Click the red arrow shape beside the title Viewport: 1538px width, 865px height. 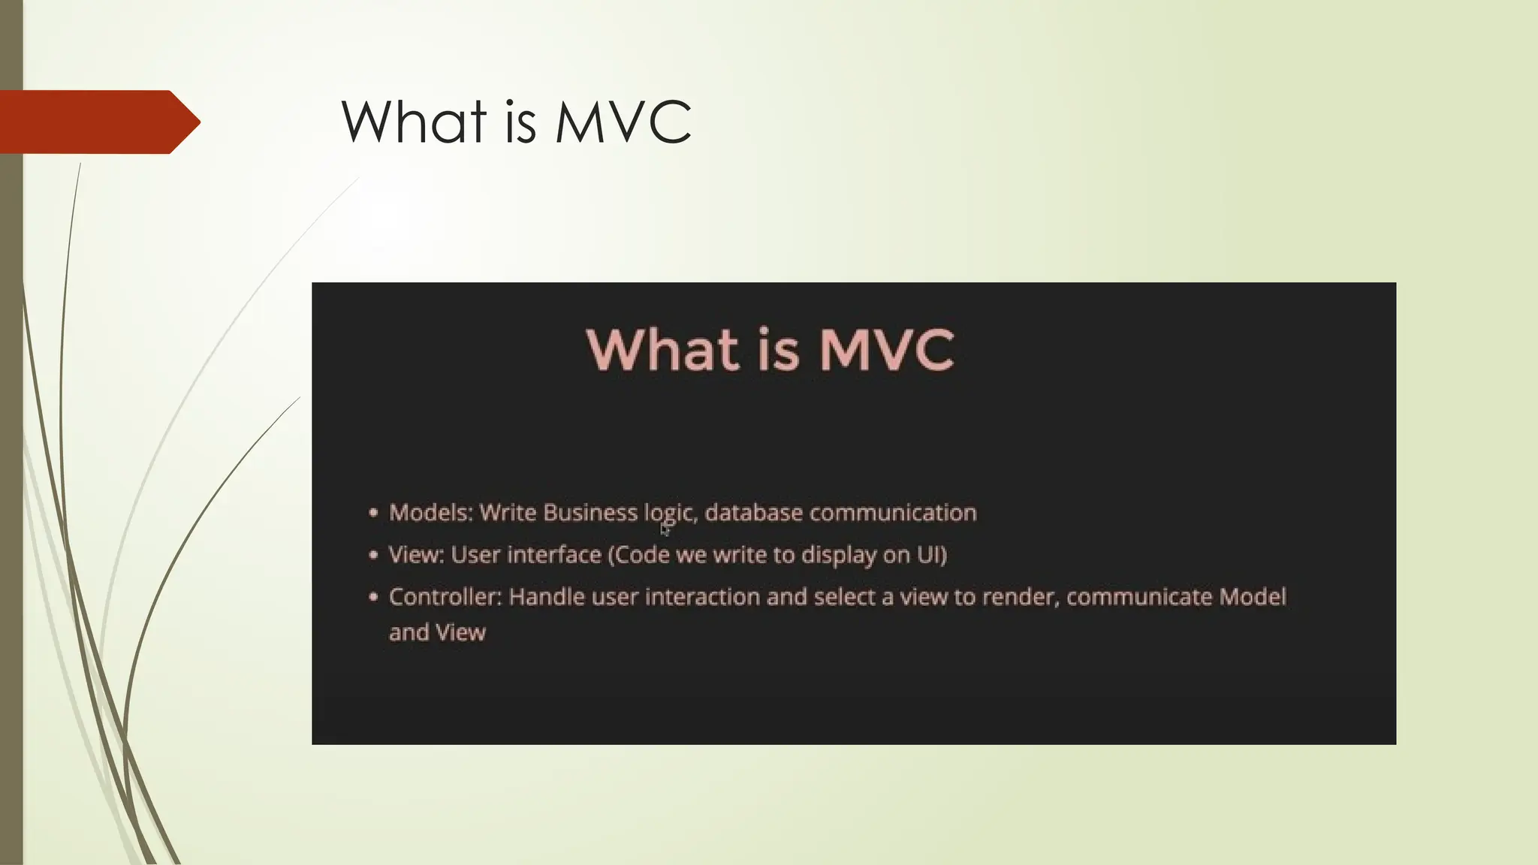[x=98, y=122]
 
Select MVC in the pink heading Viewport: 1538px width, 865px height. [x=886, y=350]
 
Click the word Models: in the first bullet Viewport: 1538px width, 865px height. [x=430, y=513]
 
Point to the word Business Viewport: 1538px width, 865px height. [x=590, y=513]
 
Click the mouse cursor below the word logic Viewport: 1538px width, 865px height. [x=665, y=529]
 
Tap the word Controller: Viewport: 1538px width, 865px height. [x=445, y=597]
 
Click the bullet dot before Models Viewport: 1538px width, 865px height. [x=373, y=514]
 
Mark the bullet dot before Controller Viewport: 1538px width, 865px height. [x=373, y=598]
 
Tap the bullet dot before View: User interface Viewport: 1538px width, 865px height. [x=373, y=556]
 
